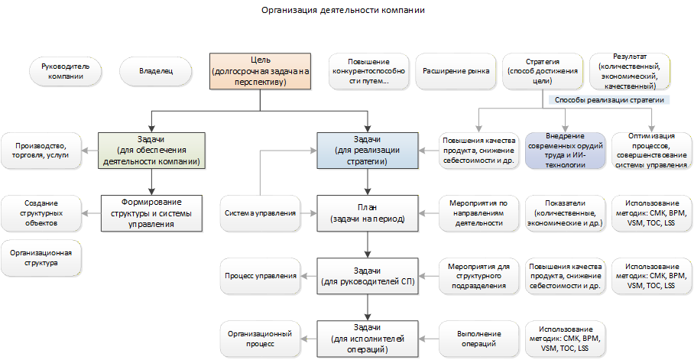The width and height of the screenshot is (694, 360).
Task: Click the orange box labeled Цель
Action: (260, 71)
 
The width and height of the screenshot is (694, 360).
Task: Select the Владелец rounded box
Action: (156, 71)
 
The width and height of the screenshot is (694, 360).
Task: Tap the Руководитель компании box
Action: (66, 71)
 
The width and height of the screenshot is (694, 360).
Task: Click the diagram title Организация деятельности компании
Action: (343, 10)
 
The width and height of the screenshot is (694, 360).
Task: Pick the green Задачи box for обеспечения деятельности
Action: (151, 151)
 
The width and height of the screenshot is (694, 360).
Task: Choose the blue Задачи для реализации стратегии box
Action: (368, 151)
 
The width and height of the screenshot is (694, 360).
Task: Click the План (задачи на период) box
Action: (368, 213)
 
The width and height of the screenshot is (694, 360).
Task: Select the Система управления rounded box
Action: (260, 213)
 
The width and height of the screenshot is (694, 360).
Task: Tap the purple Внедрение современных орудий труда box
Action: (565, 151)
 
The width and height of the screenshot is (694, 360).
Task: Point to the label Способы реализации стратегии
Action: (609, 100)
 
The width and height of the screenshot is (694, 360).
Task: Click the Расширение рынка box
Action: (456, 71)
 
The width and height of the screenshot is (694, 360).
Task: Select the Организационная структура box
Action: (41, 258)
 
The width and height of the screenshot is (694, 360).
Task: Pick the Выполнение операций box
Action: (479, 339)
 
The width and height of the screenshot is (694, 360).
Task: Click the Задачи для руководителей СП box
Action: (368, 276)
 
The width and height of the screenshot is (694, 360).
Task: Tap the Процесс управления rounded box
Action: (260, 276)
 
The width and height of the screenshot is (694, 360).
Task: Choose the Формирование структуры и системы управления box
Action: (151, 213)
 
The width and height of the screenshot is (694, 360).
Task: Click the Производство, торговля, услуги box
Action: (41, 151)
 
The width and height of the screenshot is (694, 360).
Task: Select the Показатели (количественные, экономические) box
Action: (565, 213)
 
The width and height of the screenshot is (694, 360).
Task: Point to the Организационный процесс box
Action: (260, 339)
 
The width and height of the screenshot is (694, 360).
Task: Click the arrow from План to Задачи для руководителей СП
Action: (368, 245)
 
